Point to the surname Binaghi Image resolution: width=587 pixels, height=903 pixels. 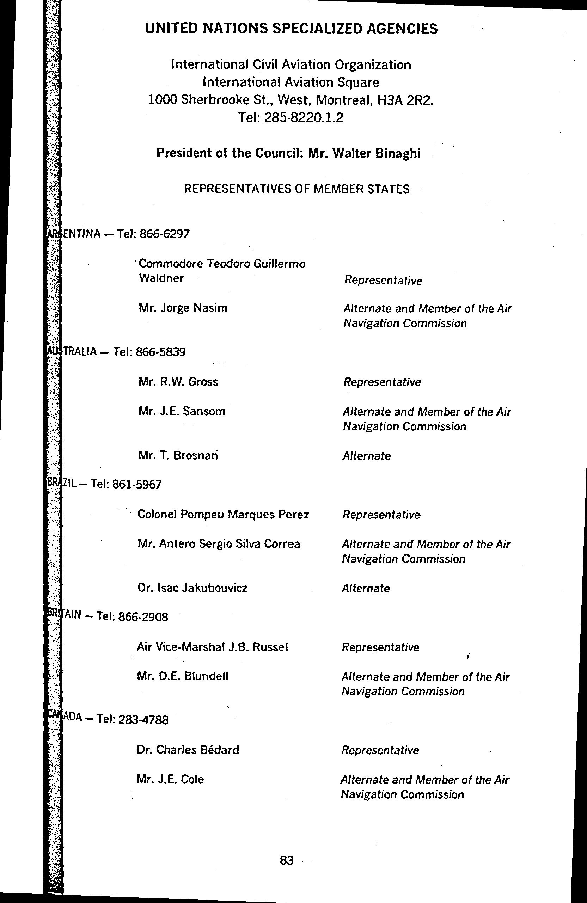pos(398,153)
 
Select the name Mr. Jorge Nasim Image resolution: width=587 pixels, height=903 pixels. pos(183,308)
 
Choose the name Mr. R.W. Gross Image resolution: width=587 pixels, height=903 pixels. pos(178,382)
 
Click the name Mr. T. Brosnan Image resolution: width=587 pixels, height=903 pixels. pos(178,455)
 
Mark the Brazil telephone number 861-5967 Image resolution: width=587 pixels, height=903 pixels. pos(137,485)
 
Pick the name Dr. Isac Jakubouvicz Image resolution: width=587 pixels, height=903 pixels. pos(192,588)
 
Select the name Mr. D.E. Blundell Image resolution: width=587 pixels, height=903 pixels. pos(183,676)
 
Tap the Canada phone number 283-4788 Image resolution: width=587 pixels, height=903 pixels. pos(143,720)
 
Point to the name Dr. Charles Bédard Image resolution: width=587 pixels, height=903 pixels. pos(188,750)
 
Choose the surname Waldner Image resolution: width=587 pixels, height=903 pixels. pos(161,278)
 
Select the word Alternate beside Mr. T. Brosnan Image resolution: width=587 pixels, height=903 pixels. pos(367,456)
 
